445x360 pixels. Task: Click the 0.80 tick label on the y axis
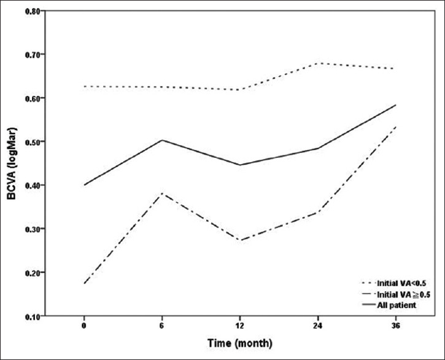point(33,11)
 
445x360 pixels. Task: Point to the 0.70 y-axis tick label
point(33,55)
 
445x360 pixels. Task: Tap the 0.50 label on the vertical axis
point(33,142)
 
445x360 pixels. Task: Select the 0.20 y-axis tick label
point(33,273)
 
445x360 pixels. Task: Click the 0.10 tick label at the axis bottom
point(33,316)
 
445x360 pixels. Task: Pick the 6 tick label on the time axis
point(162,326)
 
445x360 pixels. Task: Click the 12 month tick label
point(240,326)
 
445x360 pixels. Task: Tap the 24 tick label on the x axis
point(318,326)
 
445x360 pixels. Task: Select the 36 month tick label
point(396,326)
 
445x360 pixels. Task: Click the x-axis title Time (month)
point(240,343)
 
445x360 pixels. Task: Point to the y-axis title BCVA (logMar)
point(12,163)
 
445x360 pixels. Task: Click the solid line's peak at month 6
point(162,140)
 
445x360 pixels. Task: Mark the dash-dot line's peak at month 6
point(162,194)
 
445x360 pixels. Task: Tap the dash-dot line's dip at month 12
point(240,240)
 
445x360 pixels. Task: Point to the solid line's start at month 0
point(84,185)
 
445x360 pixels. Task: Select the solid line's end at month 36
point(396,105)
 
